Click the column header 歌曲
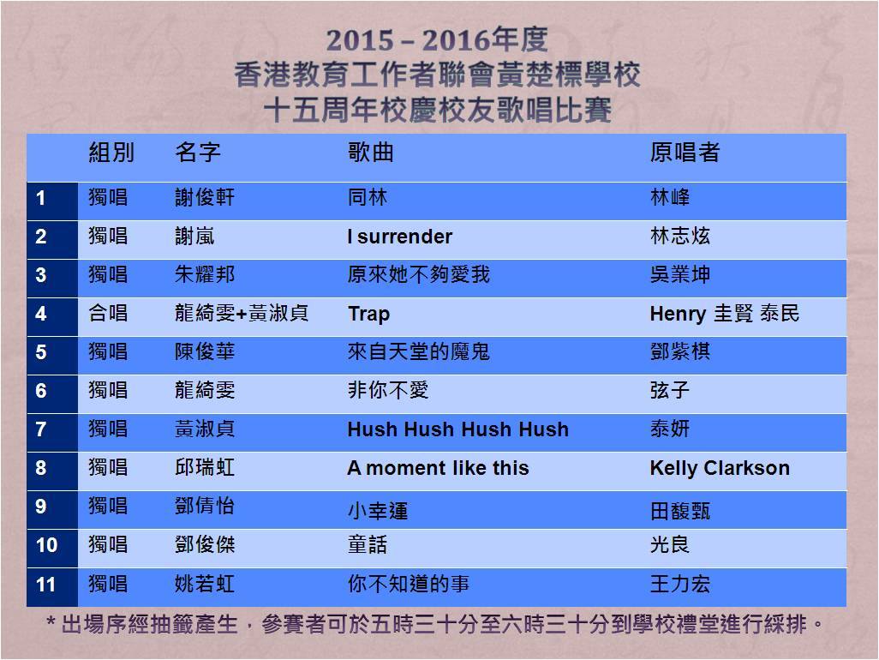371,153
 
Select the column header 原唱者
685,153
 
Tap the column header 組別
111,153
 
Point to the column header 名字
198,153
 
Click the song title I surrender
400,237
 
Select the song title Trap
368,314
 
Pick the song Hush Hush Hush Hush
458,429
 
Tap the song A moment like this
438,468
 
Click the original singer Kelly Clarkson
720,468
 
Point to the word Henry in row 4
678,314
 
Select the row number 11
45,585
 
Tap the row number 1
41,198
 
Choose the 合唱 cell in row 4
108,313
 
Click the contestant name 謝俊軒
205,197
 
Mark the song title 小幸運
378,511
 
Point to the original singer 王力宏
680,585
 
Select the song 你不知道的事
408,585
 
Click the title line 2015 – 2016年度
437,39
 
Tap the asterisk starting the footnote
51,622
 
